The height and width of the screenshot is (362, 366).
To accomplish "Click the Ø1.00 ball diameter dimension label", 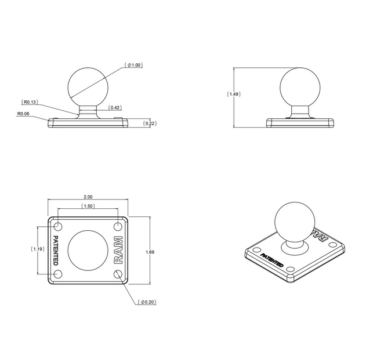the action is point(133,65).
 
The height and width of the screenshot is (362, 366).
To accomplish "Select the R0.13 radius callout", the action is point(30,102).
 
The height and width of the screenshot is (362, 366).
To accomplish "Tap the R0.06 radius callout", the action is point(23,114).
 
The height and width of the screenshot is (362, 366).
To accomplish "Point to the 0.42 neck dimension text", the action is point(115,107).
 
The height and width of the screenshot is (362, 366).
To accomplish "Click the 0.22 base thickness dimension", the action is point(150,123).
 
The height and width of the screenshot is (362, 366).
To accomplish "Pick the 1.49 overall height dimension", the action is point(234,94).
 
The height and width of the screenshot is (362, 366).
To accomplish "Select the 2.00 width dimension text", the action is point(88,197).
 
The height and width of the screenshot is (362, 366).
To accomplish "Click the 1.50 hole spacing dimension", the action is point(88,206).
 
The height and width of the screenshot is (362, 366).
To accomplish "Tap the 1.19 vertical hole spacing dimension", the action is point(38,249).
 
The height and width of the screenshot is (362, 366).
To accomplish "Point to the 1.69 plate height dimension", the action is point(150,252).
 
